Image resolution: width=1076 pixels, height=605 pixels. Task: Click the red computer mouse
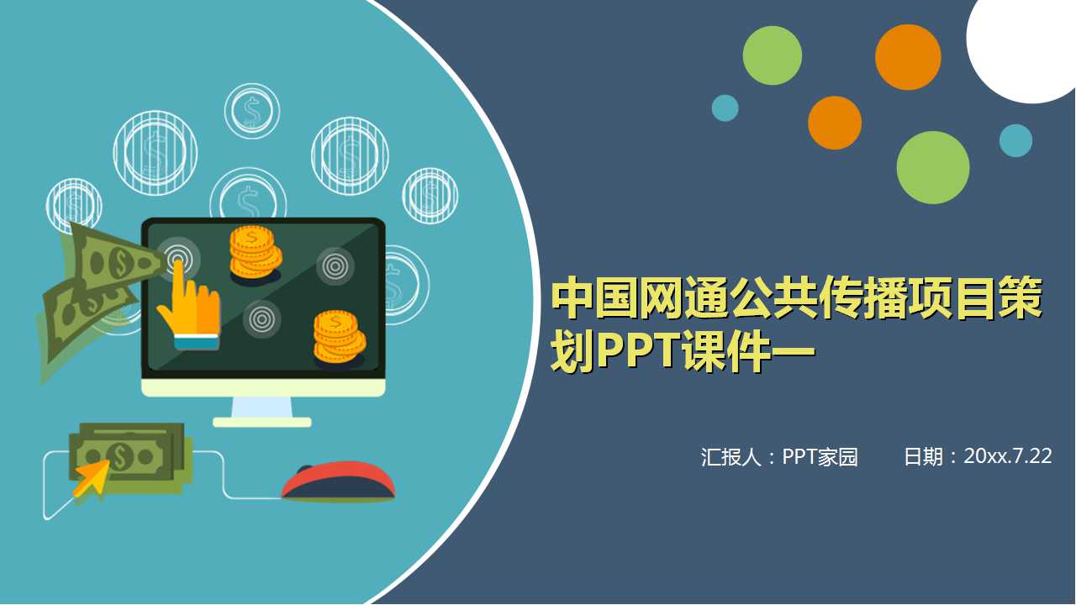338,481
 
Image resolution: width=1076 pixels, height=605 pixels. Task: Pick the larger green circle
932,168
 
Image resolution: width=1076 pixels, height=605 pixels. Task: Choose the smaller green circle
772,55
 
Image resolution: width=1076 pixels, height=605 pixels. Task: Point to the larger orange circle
907,57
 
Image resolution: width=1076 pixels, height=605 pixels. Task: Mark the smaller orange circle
835,123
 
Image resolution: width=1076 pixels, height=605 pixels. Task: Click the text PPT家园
820,457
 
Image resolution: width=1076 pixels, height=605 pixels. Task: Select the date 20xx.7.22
1008,456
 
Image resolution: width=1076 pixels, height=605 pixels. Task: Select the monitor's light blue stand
261,407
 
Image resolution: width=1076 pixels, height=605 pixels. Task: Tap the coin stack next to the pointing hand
255,251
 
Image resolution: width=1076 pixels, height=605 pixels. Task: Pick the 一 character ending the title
791,354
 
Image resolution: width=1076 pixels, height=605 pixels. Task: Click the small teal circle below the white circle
1015,140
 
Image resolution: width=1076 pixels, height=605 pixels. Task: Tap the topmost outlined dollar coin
251,110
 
